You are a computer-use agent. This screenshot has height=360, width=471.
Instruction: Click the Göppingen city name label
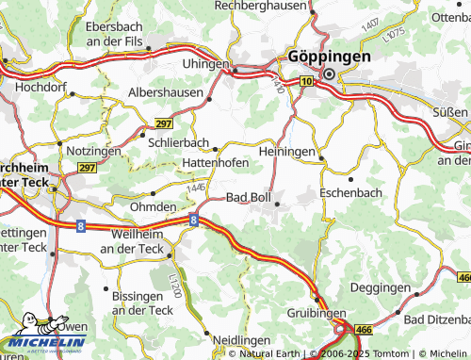point(331,56)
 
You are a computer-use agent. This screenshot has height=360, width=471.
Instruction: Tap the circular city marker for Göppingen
point(330,74)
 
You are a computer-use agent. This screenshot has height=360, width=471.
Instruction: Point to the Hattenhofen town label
point(216,162)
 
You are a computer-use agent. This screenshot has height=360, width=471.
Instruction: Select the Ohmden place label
point(153,206)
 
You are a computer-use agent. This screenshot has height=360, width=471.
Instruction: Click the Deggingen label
point(380,286)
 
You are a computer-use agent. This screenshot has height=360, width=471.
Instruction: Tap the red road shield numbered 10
point(307,83)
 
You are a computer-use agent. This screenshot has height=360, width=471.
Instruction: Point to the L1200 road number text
point(174,282)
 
